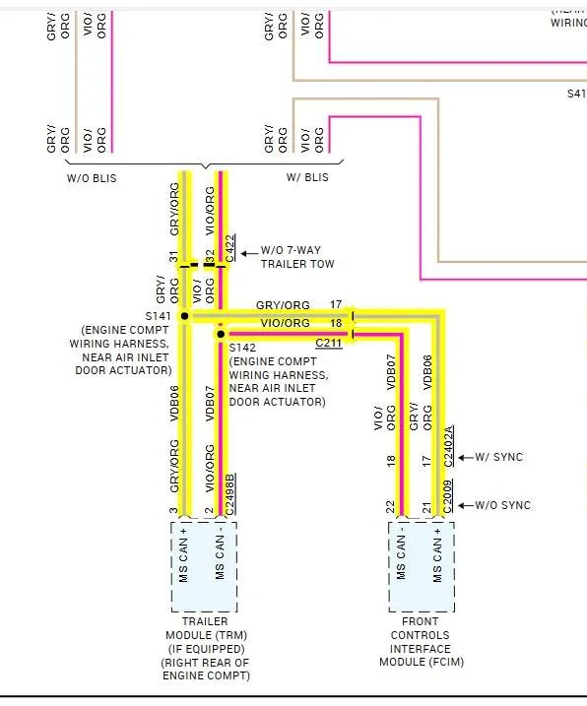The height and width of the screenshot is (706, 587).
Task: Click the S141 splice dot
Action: [185, 316]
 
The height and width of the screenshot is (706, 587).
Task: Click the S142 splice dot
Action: [221, 334]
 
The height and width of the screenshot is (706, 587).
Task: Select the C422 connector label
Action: [230, 248]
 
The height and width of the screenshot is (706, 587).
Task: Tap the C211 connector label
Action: [328, 343]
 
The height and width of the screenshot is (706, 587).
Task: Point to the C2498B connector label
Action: [230, 494]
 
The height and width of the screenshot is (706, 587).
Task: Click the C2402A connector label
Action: [448, 446]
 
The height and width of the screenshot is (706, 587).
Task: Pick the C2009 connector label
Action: [448, 496]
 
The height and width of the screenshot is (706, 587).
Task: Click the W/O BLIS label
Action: [92, 178]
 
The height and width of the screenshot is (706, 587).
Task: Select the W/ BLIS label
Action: [307, 177]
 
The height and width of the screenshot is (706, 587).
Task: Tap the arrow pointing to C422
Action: [249, 253]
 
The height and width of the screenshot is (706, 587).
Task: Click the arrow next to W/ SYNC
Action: [466, 458]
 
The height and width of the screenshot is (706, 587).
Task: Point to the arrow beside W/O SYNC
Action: [466, 506]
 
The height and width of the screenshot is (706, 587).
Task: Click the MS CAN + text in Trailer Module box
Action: [183, 555]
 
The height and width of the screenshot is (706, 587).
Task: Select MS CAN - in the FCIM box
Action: [401, 557]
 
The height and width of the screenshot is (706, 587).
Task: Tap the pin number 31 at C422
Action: [173, 257]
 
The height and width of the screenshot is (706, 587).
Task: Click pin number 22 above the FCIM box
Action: [391, 507]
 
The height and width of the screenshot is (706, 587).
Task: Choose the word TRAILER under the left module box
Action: [205, 621]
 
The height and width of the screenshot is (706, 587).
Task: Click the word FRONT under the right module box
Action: [421, 621]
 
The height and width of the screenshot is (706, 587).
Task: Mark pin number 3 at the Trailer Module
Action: [173, 511]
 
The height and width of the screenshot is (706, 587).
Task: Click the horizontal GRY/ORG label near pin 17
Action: [283, 305]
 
